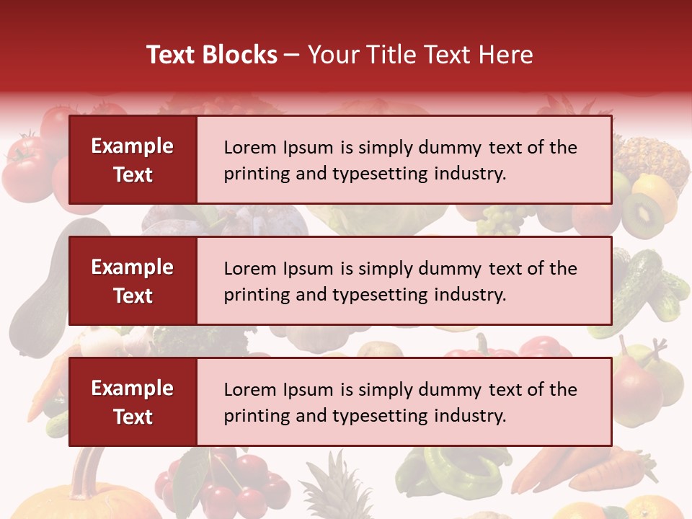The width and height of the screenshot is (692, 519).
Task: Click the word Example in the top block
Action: pos(133,146)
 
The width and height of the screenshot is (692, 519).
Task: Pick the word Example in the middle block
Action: pos(133,267)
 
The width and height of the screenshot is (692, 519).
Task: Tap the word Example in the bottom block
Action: pos(133,389)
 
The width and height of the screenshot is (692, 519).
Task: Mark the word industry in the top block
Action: pos(469,174)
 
